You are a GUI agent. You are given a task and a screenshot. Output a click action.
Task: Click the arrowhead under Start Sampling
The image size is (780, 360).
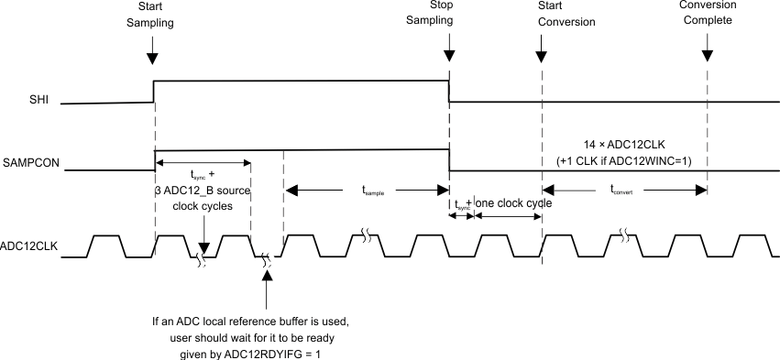coord(154,58)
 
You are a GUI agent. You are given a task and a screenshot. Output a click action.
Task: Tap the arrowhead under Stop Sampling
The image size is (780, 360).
coord(448,58)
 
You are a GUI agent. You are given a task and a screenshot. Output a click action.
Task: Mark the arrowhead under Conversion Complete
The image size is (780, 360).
coord(707,58)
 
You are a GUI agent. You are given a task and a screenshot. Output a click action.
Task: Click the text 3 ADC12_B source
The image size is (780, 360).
coord(203,190)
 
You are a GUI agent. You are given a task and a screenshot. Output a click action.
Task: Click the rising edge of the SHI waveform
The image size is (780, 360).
coord(154,92)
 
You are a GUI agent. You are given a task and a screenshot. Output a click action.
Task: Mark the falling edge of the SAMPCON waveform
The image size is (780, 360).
coord(448,159)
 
